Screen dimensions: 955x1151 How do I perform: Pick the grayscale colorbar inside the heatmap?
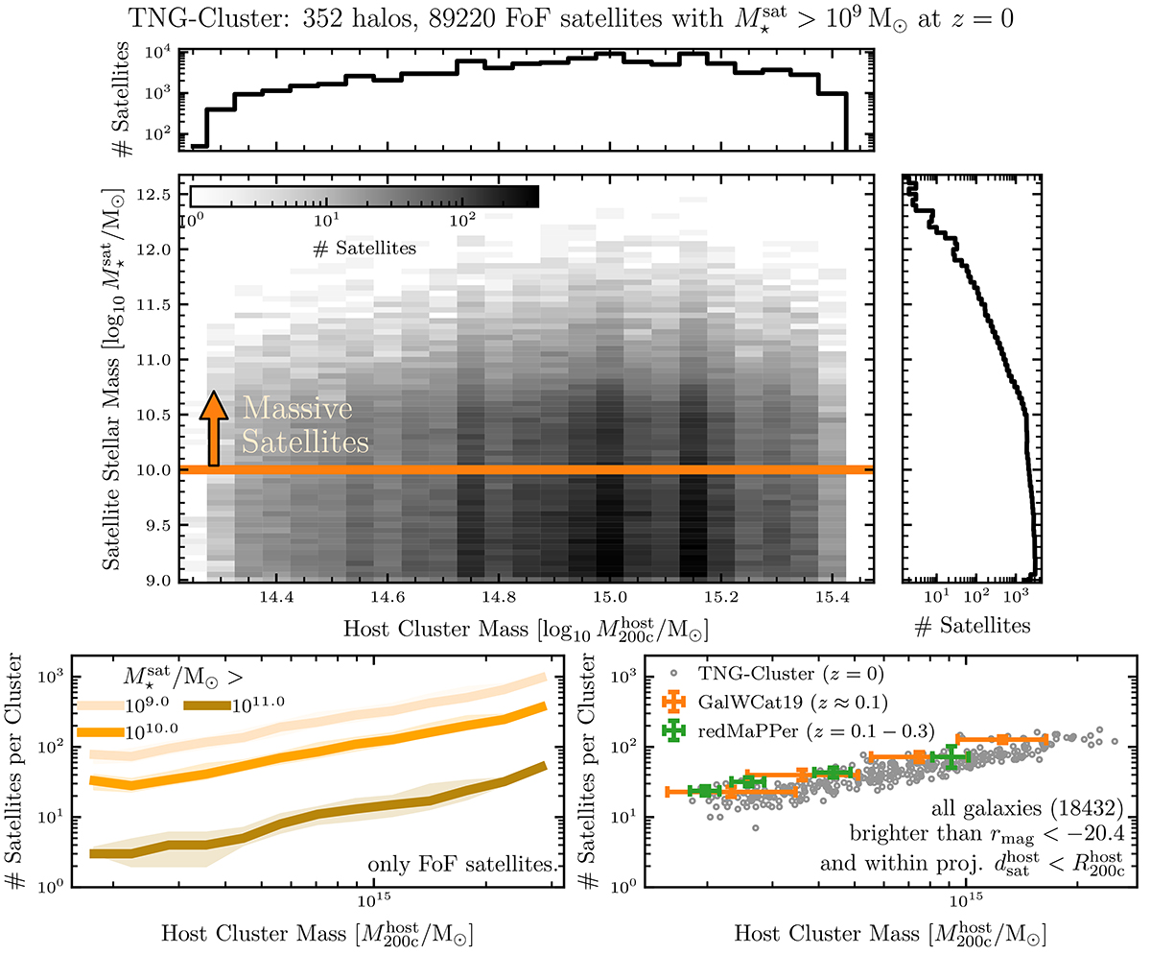[x=364, y=197]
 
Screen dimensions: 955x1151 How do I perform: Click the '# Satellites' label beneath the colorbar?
[x=364, y=249]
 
